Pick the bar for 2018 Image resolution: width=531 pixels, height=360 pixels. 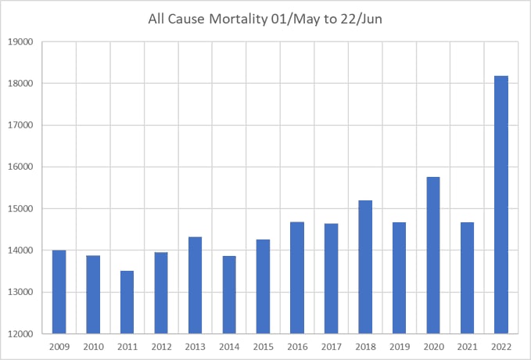point(364,267)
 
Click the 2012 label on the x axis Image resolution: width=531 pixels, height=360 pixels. point(160,347)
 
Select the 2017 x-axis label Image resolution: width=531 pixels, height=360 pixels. point(331,347)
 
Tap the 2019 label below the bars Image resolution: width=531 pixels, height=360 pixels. point(399,347)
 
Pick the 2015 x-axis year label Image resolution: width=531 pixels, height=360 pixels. point(263,347)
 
